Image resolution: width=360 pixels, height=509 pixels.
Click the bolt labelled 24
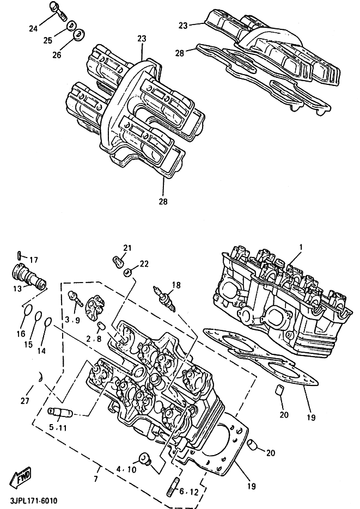[x=57, y=10]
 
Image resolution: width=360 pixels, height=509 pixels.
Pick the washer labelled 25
[x=72, y=26]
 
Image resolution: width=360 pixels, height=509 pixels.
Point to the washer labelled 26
[x=79, y=35]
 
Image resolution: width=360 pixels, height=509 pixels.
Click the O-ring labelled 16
[x=28, y=311]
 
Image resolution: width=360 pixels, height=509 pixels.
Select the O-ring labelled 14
[x=48, y=323]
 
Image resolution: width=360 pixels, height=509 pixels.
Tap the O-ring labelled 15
[x=38, y=316]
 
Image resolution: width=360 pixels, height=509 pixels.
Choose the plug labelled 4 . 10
[x=144, y=459]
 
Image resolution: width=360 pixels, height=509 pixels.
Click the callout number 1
[x=301, y=247]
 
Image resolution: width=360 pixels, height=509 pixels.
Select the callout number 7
[x=95, y=479]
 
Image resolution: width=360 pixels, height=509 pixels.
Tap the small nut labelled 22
[x=127, y=272]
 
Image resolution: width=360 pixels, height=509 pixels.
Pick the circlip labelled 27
[x=40, y=377]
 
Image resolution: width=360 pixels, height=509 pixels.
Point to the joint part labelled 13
[x=29, y=276]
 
